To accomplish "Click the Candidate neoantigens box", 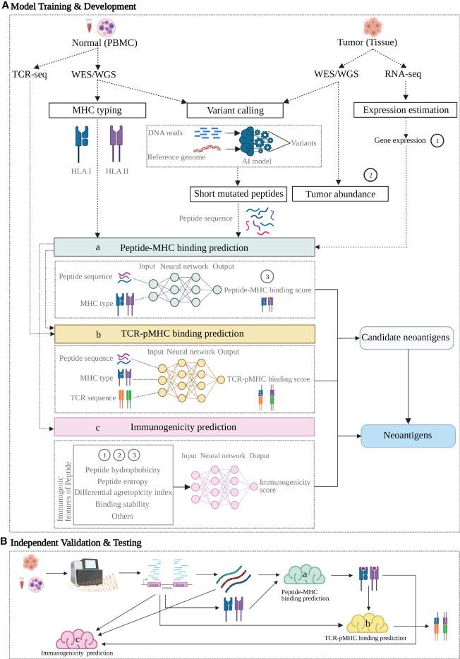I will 405,339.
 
